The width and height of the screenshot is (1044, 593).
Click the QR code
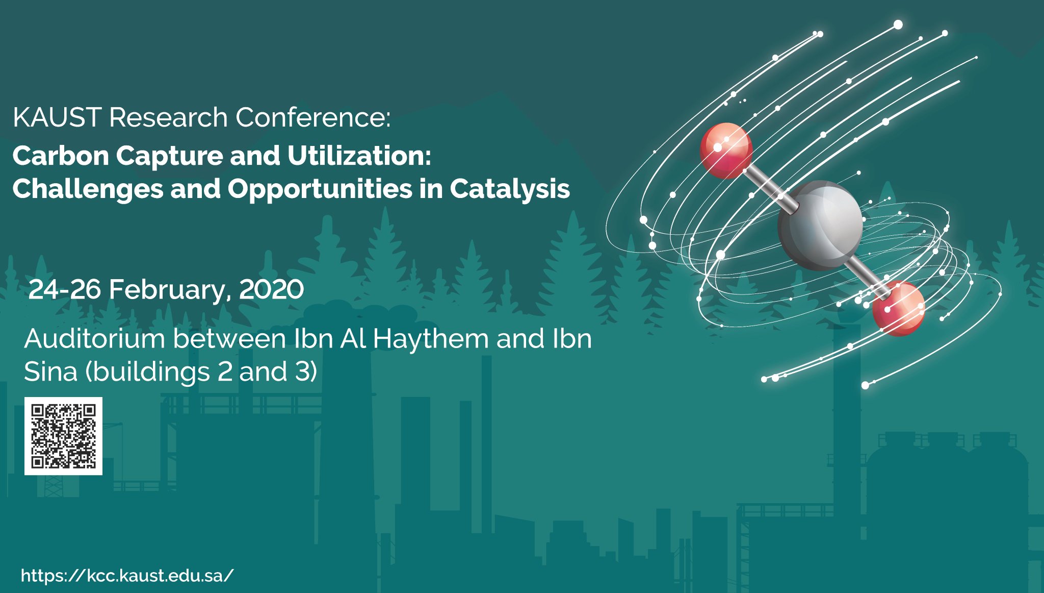pos(63,436)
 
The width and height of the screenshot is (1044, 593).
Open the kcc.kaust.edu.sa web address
pos(127,576)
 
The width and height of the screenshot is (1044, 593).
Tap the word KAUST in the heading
pos(57,117)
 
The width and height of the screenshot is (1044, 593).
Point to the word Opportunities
pos(320,189)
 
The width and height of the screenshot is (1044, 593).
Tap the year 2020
pos(271,289)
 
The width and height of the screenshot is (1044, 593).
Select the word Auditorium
pos(94,338)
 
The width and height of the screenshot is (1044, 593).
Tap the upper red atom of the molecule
pos(726,150)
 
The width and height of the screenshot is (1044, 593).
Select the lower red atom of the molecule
pos(898,308)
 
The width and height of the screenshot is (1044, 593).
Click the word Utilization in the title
pos(359,156)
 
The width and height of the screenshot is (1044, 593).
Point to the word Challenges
pos(88,189)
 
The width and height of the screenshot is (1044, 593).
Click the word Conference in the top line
pos(312,117)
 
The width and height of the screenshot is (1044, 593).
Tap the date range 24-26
pos(64,289)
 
